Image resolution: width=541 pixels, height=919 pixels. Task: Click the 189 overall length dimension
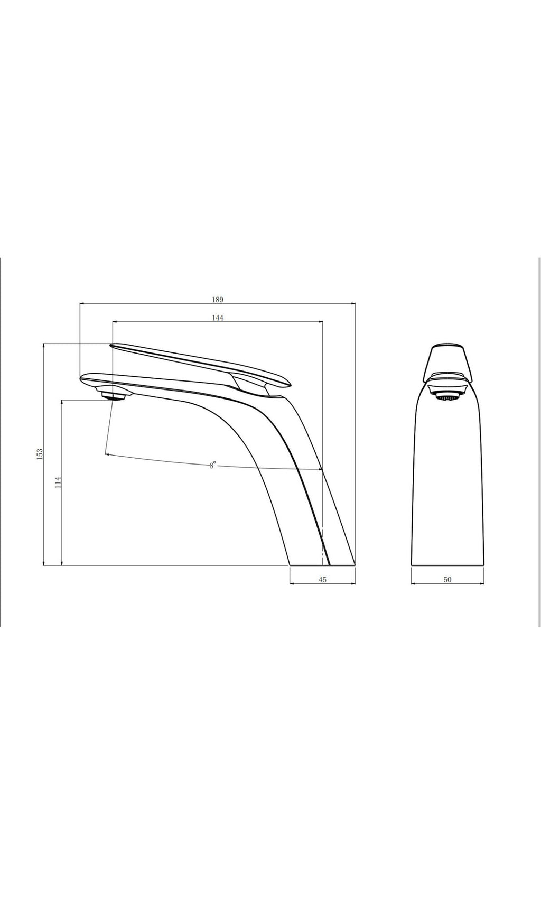coord(218,299)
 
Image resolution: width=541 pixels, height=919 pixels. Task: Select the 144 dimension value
coord(218,318)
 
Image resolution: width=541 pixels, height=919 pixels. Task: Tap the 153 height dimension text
coord(40,454)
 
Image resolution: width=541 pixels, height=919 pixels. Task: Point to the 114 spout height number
coord(58,482)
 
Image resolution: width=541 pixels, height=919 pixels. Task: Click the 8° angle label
coord(212,466)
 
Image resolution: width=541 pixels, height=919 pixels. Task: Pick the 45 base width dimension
coord(323,580)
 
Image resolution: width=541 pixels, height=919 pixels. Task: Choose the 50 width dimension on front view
coord(447,580)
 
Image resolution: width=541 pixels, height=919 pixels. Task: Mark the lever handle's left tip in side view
coord(111,346)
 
